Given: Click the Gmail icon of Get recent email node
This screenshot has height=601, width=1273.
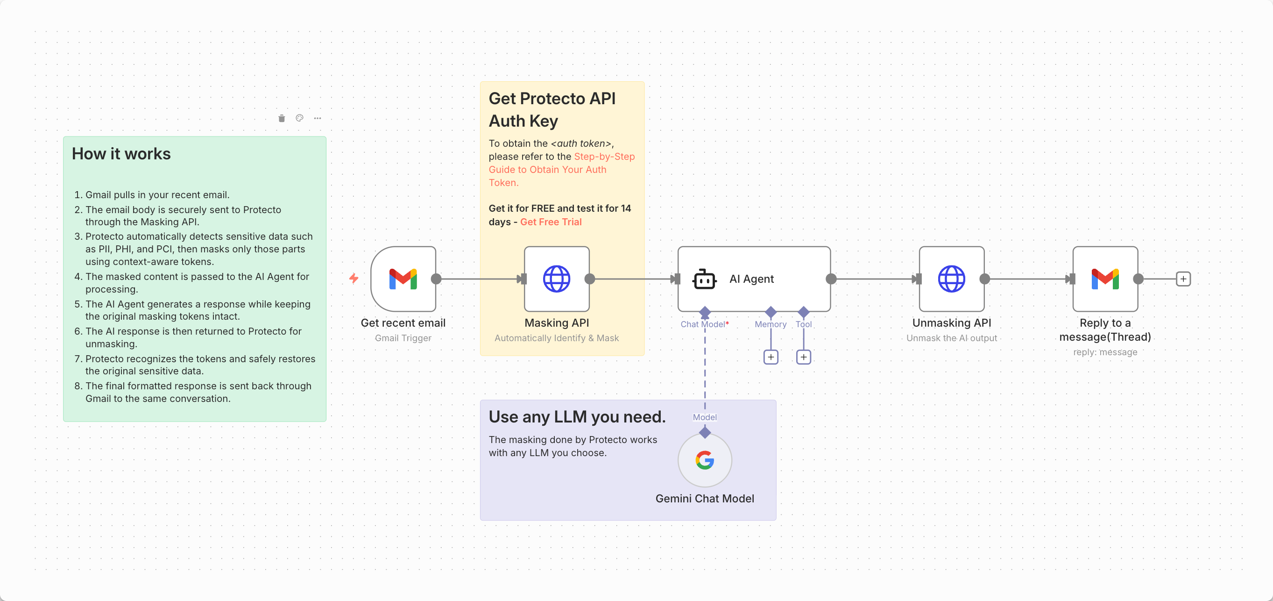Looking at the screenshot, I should click(403, 279).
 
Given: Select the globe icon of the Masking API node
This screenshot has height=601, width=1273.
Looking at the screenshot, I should click(557, 279).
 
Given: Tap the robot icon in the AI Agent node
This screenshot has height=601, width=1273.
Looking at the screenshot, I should click(704, 279).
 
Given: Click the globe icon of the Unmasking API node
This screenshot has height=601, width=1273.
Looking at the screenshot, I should click(951, 279).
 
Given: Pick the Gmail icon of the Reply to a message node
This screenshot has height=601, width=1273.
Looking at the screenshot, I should click(1105, 279).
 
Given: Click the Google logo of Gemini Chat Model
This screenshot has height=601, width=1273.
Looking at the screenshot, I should click(705, 460).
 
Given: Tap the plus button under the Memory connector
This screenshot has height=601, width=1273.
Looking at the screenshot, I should click(771, 357).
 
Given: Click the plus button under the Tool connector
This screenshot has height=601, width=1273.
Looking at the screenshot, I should click(804, 357).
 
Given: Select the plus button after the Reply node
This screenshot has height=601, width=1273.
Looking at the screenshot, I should click(1183, 279).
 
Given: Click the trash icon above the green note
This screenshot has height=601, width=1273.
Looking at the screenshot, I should click(282, 118).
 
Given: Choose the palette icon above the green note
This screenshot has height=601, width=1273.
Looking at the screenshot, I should click(299, 118).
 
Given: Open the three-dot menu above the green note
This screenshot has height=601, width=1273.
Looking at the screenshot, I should click(317, 118).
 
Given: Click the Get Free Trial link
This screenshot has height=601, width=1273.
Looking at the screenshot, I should click(551, 222).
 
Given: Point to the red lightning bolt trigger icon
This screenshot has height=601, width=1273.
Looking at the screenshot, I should click(354, 279).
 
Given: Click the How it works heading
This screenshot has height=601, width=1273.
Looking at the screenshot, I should click(121, 154).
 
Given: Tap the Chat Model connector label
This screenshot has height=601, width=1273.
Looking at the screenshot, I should click(702, 324).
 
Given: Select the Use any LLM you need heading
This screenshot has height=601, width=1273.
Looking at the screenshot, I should click(577, 417).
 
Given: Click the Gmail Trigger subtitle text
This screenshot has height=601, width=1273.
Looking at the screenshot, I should click(403, 338).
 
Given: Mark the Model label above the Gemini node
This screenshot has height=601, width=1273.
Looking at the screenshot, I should click(705, 417).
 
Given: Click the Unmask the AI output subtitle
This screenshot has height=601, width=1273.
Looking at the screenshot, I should click(951, 338).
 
